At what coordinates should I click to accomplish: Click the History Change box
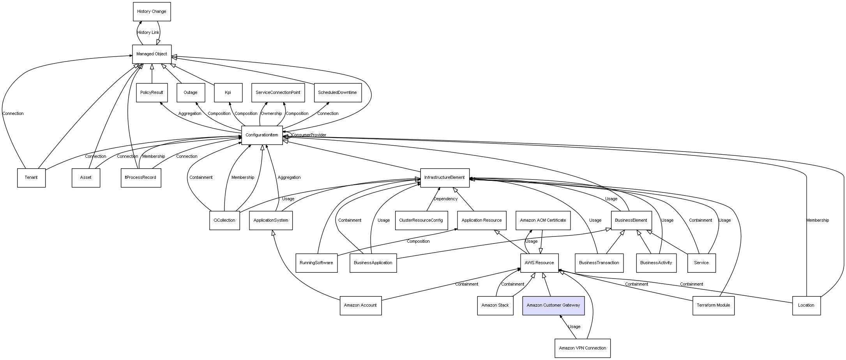[x=152, y=12]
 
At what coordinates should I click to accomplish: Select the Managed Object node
[x=152, y=54]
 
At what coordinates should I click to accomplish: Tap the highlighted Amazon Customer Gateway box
[x=553, y=305]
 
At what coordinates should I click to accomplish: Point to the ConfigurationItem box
[x=262, y=135]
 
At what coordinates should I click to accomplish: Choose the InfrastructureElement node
[x=445, y=178]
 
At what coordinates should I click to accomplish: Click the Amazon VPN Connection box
[x=583, y=348]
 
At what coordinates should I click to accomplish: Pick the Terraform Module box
[x=713, y=305]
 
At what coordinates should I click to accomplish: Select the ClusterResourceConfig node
[x=421, y=221]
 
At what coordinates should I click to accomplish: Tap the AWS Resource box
[x=539, y=263]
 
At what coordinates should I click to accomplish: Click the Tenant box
[x=31, y=178]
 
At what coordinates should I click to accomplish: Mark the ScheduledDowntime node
[x=337, y=93]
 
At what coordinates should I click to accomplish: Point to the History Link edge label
[x=148, y=33]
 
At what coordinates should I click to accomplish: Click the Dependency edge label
[x=445, y=199]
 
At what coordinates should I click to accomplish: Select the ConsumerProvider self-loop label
[x=309, y=135]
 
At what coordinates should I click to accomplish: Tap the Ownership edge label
[x=271, y=114]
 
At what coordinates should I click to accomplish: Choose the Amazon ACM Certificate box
[x=543, y=221]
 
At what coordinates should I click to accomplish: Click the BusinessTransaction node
[x=599, y=263]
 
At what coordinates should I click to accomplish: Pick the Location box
[x=806, y=305]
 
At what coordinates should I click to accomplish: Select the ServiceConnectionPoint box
[x=278, y=93]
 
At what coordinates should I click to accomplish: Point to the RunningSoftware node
[x=316, y=263]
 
